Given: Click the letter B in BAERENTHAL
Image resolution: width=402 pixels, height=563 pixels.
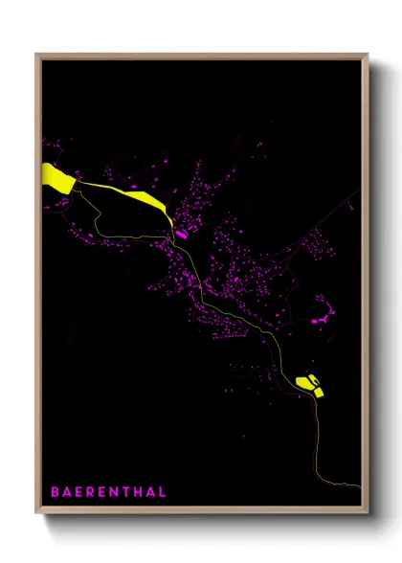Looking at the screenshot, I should coord(55,492).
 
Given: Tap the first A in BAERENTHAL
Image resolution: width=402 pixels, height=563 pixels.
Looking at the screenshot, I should coord(67,492).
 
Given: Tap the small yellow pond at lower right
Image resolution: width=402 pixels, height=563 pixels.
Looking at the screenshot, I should coord(310,384).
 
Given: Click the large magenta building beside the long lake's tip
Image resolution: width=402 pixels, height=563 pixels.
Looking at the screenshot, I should coord(181,233).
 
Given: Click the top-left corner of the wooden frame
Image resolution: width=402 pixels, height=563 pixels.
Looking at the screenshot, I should coord(36,55).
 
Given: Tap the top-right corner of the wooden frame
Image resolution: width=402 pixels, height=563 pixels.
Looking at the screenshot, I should coord(368,55).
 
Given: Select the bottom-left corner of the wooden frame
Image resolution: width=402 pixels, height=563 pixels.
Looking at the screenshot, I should coord(36,513).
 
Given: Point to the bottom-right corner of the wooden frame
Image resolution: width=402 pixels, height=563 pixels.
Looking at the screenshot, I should coord(368,513).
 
